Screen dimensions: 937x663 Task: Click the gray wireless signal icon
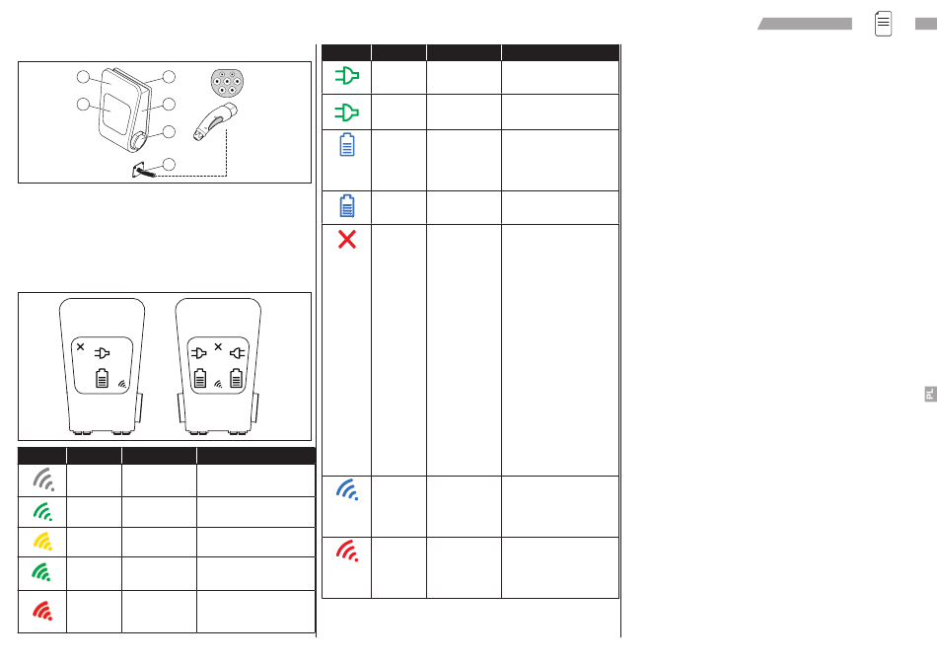tap(43, 479)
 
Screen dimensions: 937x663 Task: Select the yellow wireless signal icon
tap(43, 542)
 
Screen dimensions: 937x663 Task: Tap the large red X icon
tap(346, 239)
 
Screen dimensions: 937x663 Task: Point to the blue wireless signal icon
tap(347, 489)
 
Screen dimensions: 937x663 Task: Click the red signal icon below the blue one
tap(347, 551)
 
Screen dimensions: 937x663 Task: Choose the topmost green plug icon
tap(346, 76)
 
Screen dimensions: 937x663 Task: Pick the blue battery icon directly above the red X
tap(346, 205)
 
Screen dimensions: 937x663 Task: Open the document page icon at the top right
tap(883, 24)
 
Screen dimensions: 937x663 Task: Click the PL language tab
tap(930, 394)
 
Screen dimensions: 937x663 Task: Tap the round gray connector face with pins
tap(227, 83)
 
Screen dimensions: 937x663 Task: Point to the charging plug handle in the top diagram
tap(215, 122)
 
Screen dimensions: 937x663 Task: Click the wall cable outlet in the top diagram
tap(143, 171)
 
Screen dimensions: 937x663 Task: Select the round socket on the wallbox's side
tap(138, 141)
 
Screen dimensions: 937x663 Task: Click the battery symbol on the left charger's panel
tap(103, 378)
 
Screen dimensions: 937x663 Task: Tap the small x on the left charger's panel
tap(81, 346)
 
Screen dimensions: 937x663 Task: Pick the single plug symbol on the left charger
tap(103, 353)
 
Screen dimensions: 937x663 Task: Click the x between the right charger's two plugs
tap(218, 346)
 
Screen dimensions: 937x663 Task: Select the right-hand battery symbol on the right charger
tap(236, 378)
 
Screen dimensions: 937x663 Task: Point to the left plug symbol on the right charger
tap(199, 353)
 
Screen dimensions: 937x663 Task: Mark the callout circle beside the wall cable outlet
tap(169, 165)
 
